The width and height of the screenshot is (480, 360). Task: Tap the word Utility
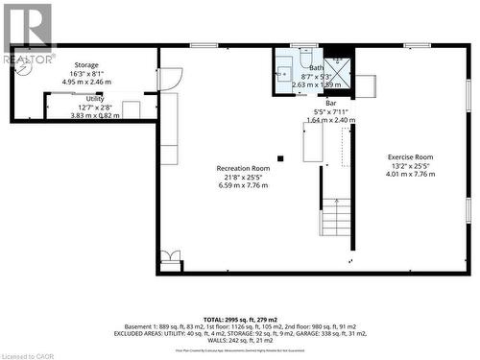(94, 99)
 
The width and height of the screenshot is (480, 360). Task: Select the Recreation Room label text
(242, 168)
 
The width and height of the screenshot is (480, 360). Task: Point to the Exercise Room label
(410, 157)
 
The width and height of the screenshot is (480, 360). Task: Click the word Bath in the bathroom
(316, 67)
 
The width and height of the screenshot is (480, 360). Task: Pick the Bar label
(330, 103)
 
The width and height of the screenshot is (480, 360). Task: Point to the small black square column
(280, 158)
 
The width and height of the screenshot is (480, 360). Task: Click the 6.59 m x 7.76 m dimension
(242, 185)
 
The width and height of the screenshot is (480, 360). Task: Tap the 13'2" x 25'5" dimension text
(410, 166)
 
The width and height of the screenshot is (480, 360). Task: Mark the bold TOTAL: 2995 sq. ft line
(240, 319)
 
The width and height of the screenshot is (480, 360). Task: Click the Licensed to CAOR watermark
(29, 354)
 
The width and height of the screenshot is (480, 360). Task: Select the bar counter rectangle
(313, 142)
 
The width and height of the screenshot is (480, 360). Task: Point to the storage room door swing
(169, 79)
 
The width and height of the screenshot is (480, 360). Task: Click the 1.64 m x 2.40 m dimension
(330, 120)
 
